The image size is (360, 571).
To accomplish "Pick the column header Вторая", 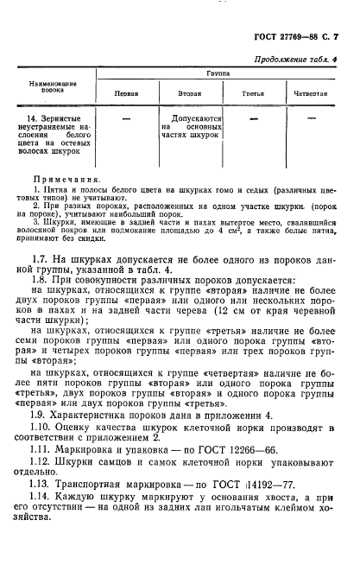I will point(191,92).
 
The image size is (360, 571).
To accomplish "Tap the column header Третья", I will point(253,92).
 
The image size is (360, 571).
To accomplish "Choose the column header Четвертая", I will point(311,92).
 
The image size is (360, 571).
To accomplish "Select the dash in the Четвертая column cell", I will point(312,115).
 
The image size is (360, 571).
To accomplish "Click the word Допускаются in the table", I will point(199,116).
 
